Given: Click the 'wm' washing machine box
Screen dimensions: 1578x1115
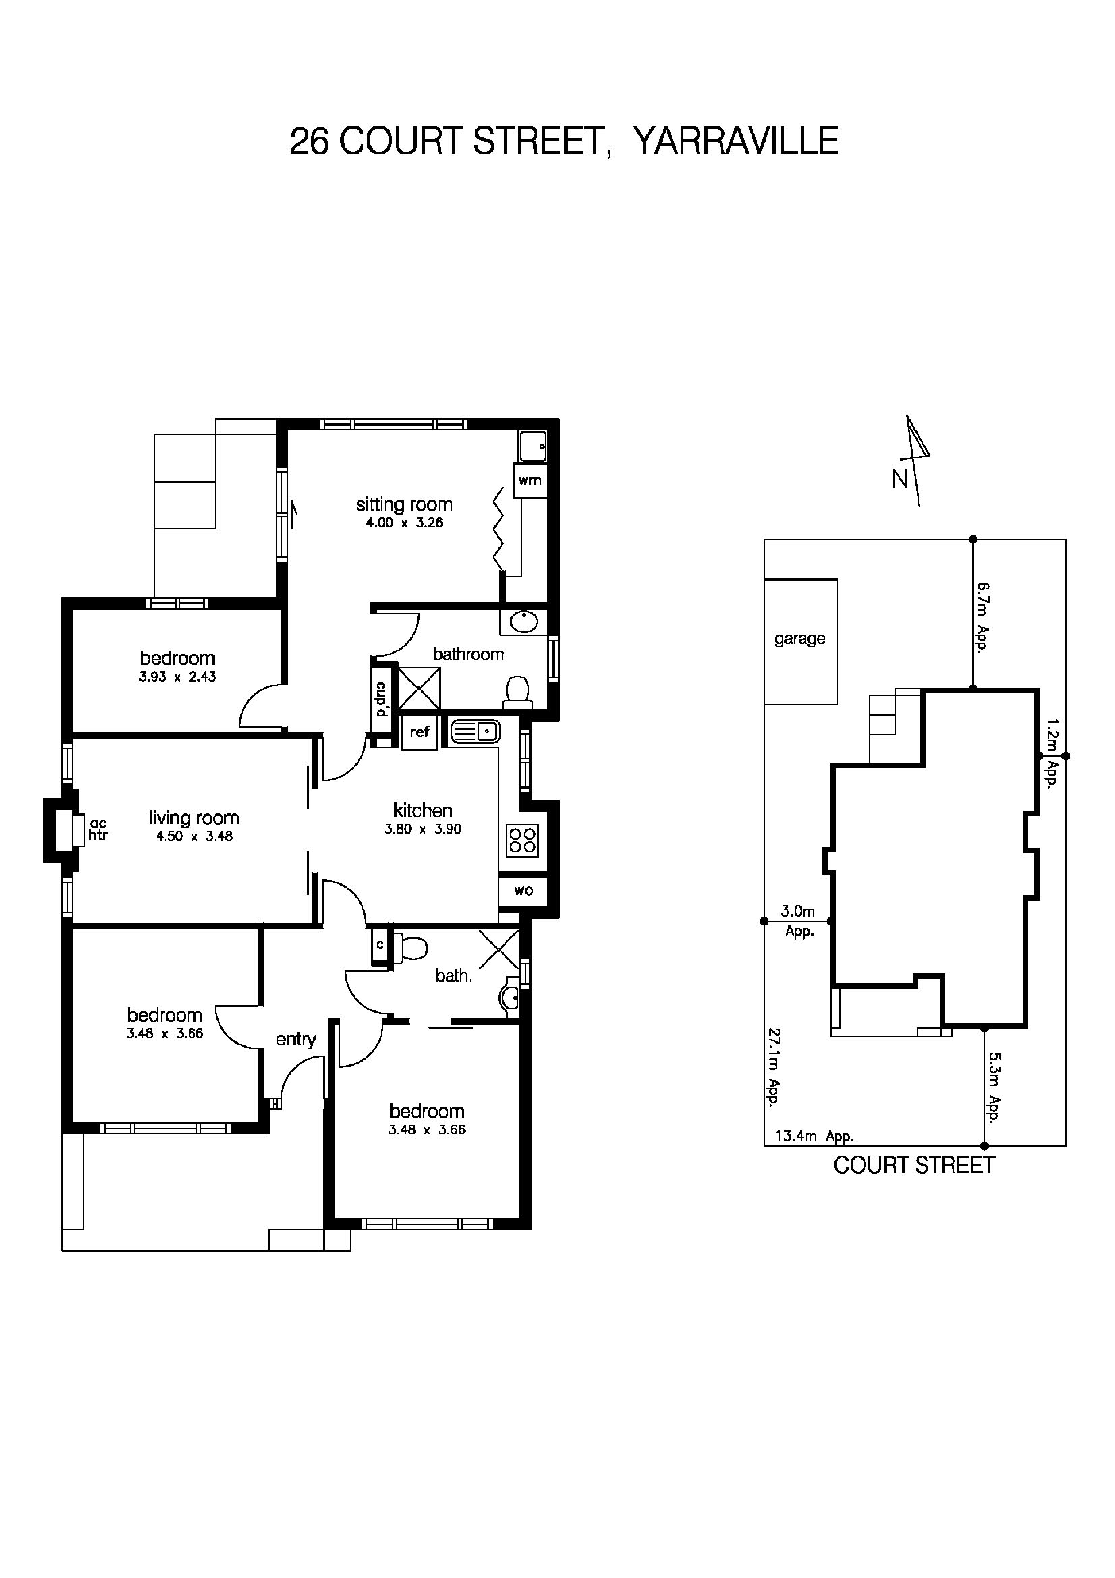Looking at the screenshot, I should (x=530, y=480).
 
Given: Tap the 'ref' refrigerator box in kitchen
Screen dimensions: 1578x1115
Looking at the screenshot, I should (x=419, y=733).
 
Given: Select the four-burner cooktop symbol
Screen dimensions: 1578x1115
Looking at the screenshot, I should (x=522, y=840).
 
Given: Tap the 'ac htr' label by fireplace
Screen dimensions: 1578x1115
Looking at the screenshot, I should (x=98, y=830).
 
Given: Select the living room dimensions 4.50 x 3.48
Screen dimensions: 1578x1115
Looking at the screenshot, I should (x=194, y=836).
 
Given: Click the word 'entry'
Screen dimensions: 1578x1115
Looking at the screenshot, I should (x=296, y=1039).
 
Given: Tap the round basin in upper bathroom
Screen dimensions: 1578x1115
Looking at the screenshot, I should (x=524, y=622).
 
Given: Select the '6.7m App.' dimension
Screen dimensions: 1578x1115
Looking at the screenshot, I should (x=984, y=617).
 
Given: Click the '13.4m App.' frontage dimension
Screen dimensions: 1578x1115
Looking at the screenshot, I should (x=814, y=1136).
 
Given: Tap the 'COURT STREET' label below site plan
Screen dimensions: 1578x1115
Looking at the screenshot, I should (x=913, y=1165).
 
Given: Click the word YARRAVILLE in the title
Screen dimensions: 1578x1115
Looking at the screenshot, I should (x=735, y=142).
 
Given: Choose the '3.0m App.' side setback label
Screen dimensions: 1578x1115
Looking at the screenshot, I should (x=798, y=921).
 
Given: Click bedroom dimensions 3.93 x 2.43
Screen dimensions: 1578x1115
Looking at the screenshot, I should (x=177, y=677).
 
